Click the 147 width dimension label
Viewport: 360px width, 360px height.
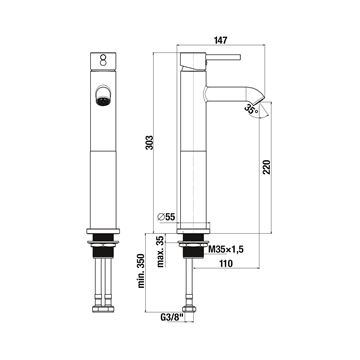coord(221,40)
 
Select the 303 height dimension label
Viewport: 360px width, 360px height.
coord(151,142)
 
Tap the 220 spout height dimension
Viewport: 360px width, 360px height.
coord(266,167)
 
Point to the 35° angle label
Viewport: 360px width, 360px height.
coord(251,109)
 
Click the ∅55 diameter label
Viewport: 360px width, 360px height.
coord(166,217)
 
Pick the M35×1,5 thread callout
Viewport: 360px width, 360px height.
coord(223,249)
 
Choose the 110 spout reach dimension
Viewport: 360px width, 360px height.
coord(226,263)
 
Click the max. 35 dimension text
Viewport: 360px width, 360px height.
coord(161,251)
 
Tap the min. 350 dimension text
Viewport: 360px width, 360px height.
coord(141,271)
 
